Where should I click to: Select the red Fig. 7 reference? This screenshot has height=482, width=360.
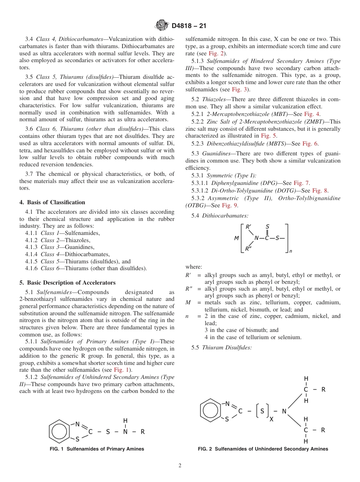click(301, 183)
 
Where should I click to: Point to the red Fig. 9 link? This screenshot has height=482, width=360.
click(230, 205)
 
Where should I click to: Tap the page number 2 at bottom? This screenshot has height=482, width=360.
click(180, 466)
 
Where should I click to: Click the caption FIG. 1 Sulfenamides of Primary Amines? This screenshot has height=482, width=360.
click(97, 449)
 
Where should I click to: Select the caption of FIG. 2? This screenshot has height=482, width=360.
click(263, 449)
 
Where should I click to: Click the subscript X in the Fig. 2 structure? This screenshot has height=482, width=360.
click(271, 419)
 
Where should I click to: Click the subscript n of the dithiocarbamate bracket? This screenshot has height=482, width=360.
click(291, 251)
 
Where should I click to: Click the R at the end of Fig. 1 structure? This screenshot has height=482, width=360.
click(142, 432)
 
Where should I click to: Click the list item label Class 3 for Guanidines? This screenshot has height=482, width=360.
click(47, 247)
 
